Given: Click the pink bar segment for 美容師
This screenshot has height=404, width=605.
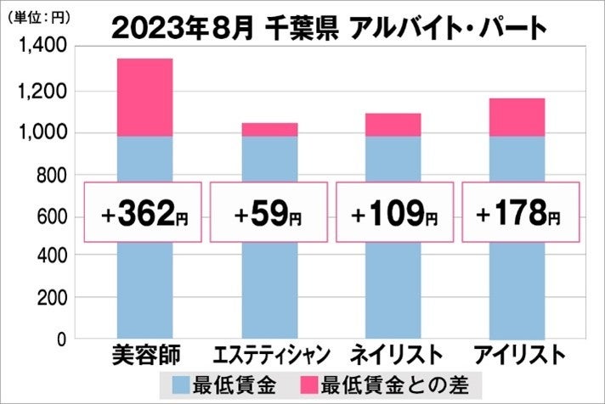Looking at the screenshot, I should coord(144,97).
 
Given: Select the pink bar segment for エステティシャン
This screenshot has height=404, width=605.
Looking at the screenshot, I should coord(269,129).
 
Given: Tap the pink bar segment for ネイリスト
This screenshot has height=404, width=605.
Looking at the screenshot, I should coord(393,124).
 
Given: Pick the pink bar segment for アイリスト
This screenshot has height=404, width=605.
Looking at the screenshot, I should coord(517,117).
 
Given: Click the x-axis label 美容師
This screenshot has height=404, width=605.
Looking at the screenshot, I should coord(144,353).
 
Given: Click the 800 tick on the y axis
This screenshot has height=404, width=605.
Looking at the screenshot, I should coord(49,175).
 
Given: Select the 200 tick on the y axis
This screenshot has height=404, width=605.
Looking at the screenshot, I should coord(49,299).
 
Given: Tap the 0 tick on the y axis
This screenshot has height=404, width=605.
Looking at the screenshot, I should coord(60,339).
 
